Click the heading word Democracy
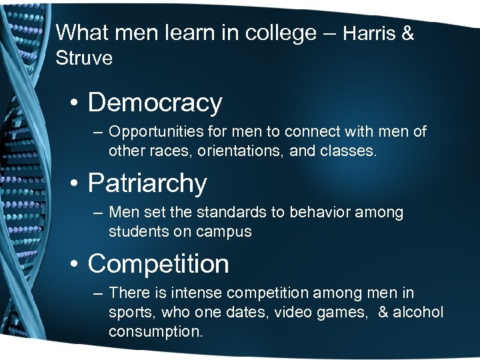pos(155,103)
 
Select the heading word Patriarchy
pos(147,183)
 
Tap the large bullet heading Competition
pos(158,264)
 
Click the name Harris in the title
pos(371,34)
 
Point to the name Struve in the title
pos(84,59)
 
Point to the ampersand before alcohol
pos(383,313)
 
